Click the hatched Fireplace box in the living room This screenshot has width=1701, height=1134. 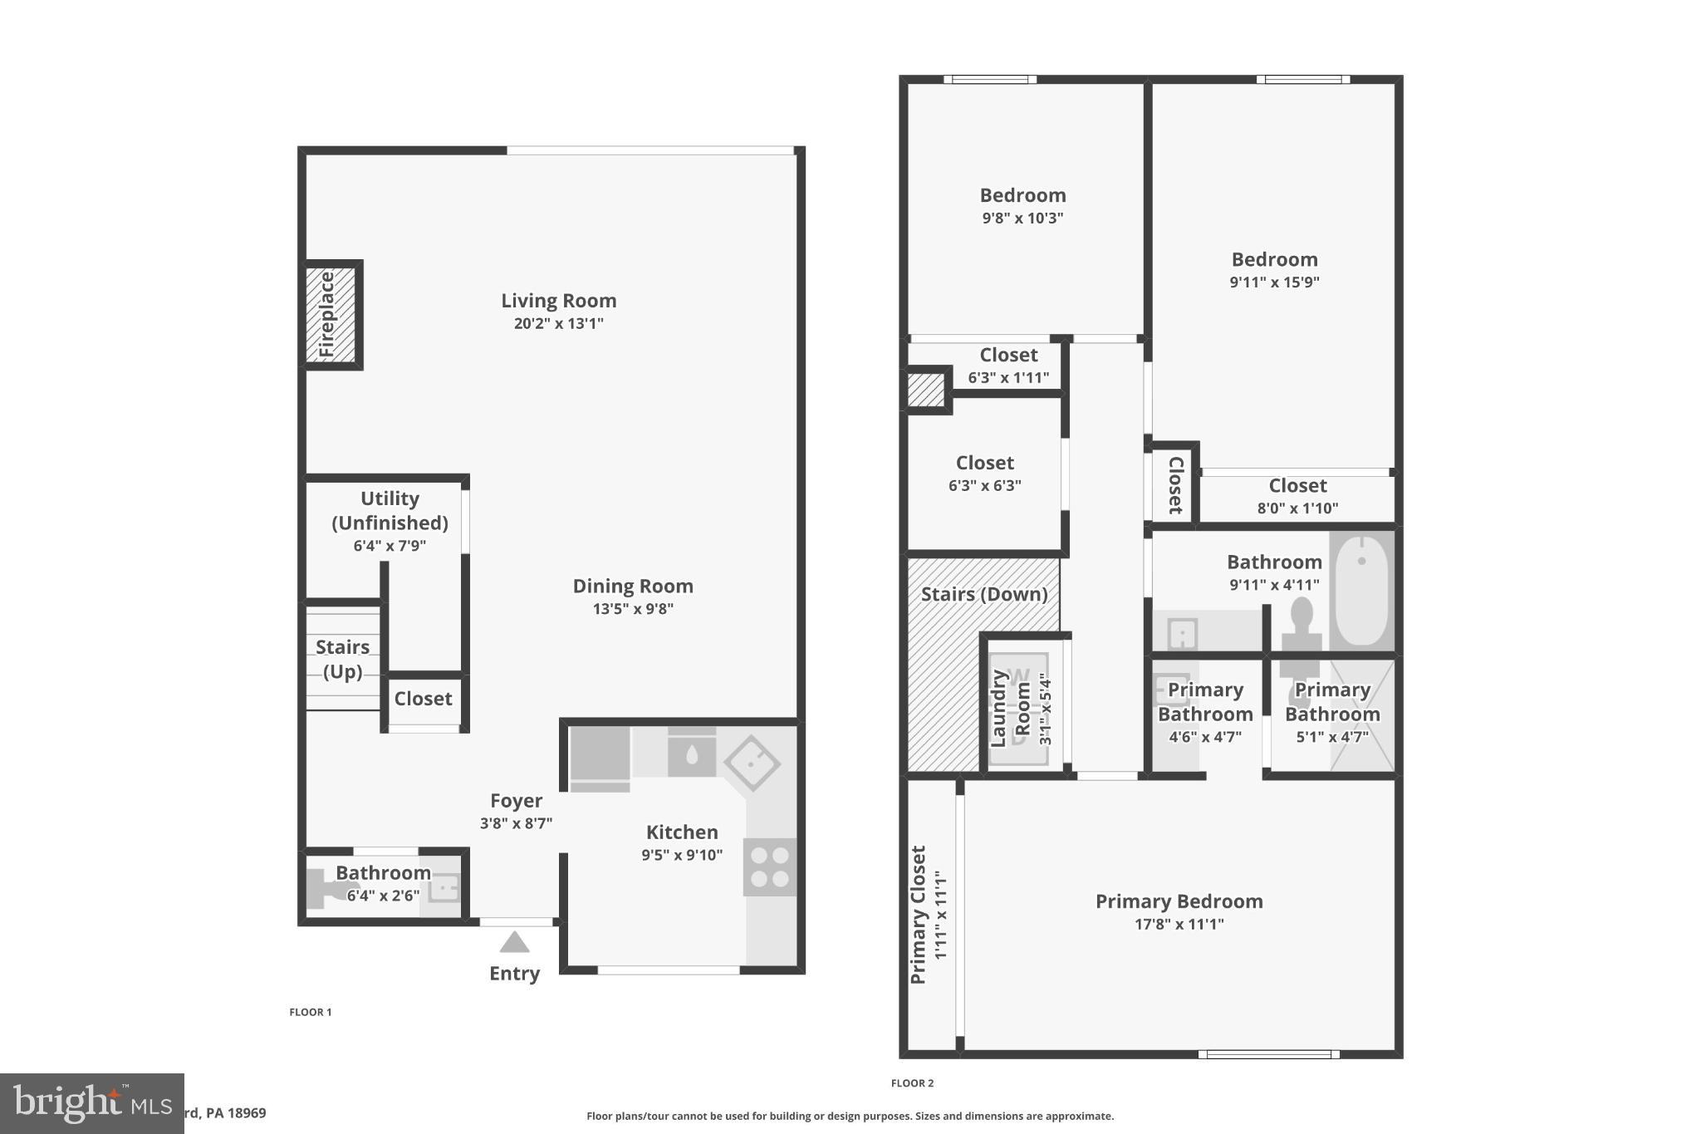tap(331, 314)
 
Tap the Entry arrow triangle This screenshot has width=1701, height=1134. tap(514, 943)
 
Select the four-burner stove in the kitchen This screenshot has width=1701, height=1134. tap(769, 867)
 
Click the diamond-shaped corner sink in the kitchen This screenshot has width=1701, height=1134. tap(752, 763)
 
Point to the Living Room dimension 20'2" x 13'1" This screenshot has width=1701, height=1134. tap(558, 324)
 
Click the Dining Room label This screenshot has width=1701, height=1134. tap(633, 587)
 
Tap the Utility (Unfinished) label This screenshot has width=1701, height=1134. tap(390, 510)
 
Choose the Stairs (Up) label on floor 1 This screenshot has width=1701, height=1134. tap(342, 659)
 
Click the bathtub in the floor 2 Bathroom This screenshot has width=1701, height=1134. tap(1362, 590)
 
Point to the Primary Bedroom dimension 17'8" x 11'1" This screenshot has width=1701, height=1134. tap(1179, 924)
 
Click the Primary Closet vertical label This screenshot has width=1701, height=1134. tap(919, 915)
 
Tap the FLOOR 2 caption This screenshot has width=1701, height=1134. tap(912, 1083)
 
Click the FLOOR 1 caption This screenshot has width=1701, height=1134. tap(310, 1012)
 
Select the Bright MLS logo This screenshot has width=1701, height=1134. tap(91, 1103)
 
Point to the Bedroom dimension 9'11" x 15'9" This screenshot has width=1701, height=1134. tap(1274, 282)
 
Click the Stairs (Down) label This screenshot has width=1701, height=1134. tap(984, 595)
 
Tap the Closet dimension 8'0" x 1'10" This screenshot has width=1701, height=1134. tap(1297, 508)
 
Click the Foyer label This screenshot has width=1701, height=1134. tap(516, 801)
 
